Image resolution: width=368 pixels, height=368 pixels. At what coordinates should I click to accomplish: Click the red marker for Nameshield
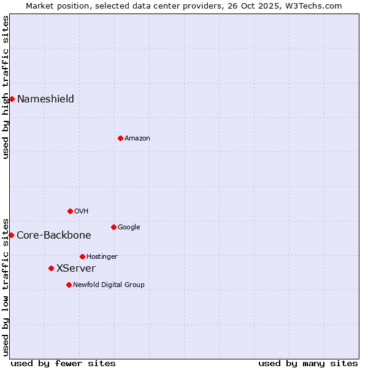(12, 99)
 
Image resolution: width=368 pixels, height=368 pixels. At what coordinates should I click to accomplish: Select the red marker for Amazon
(120, 138)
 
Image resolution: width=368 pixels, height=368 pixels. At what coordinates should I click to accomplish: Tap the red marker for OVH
(70, 211)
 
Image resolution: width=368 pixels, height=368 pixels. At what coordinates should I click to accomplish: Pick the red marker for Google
(113, 227)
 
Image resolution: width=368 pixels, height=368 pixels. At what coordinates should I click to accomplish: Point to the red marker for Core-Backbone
(11, 235)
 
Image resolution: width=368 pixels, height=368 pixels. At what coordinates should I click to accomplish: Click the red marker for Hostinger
(82, 256)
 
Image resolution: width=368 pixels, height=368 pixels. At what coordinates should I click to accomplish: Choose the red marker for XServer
(51, 268)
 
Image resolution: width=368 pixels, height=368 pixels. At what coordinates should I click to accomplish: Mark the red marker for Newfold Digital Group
(69, 285)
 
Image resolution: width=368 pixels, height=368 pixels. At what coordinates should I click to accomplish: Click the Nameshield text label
(45, 99)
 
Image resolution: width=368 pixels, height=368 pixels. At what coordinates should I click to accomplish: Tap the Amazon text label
(137, 139)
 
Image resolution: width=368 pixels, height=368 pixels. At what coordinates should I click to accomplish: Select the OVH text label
(81, 212)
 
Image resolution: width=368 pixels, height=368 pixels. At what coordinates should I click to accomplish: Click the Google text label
(129, 228)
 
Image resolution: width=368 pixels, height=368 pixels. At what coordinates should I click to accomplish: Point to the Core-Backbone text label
(53, 236)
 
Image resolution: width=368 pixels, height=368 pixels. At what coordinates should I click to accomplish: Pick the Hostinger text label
(102, 257)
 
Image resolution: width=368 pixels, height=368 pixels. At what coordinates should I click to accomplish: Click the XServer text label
(75, 269)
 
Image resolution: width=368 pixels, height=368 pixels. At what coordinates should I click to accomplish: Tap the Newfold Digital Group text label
(109, 285)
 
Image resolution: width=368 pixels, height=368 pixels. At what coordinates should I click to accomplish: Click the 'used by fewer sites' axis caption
(63, 363)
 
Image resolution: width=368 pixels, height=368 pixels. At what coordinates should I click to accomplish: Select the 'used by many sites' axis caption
(308, 363)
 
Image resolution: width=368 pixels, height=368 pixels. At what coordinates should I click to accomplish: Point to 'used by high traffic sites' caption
(6, 87)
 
